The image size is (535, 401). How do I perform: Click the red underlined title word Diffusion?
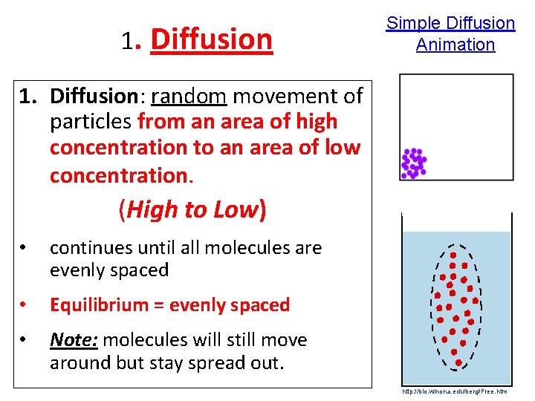click(x=211, y=39)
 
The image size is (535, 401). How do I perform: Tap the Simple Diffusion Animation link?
click(x=450, y=33)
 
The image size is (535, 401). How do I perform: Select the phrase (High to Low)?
click(x=191, y=210)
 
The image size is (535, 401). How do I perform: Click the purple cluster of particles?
click(x=413, y=163)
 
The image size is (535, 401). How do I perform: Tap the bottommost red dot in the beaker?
click(x=458, y=362)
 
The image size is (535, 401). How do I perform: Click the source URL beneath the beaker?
click(x=454, y=391)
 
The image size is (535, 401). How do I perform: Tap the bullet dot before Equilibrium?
click(x=25, y=305)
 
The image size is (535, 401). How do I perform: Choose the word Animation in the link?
click(x=455, y=45)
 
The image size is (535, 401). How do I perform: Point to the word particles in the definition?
click(x=89, y=122)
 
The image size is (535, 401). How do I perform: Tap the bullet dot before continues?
click(x=25, y=248)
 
